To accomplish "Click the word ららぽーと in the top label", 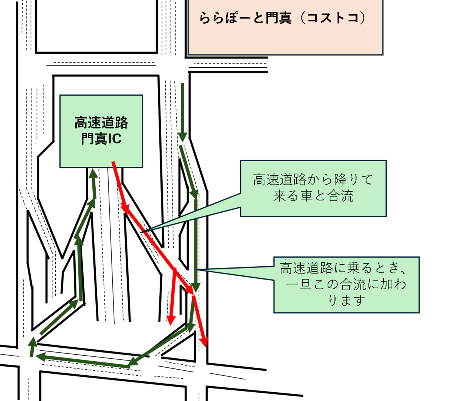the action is click(226, 18).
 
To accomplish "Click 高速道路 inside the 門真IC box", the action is click(101, 123).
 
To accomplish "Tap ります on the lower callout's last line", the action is click(347, 300).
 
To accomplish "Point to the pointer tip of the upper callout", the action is click(141, 232).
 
